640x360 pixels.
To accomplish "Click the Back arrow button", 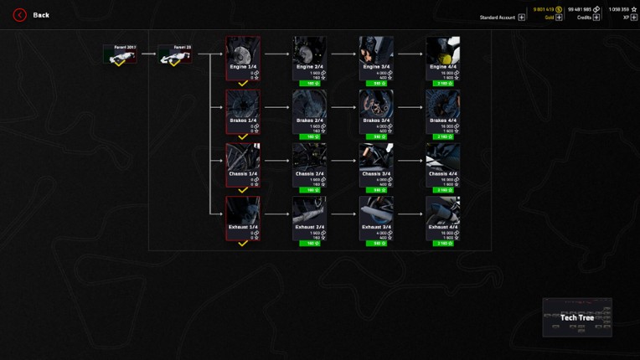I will tap(19, 14).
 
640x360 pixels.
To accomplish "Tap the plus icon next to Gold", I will tap(559, 17).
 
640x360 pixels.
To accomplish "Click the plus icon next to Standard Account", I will tap(522, 17).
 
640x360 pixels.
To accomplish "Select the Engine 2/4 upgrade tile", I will tap(309, 58).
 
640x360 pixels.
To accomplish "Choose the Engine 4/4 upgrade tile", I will tap(442, 58).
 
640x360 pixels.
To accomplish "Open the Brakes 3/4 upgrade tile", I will tap(376, 111).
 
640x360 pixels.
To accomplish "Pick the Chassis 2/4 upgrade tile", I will tap(309, 165).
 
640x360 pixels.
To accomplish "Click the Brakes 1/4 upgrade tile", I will tap(243, 111).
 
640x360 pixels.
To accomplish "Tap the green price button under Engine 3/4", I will tap(376, 84).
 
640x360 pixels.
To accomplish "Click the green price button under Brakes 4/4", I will tap(443, 137).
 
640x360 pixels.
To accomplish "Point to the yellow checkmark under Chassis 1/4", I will tap(243, 190).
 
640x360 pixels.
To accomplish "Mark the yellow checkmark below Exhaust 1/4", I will tap(243, 244).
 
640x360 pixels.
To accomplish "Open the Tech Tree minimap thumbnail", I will tap(576, 316).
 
